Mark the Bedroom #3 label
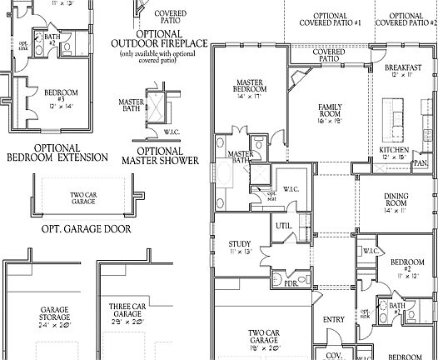pyautogui.click(x=38, y=96)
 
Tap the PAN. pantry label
pyautogui.click(x=421, y=164)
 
